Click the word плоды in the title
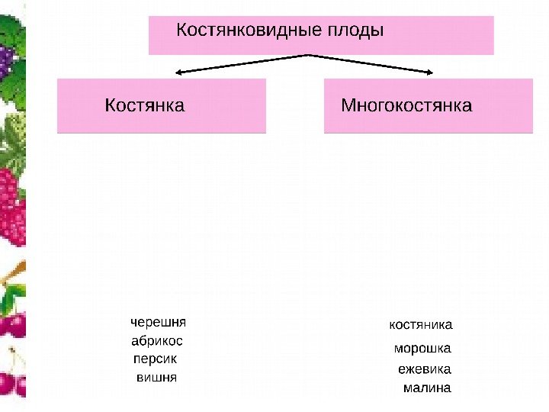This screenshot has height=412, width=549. [x=356, y=33]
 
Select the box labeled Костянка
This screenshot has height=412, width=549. [x=162, y=105]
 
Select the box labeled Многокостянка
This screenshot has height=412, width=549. [x=428, y=105]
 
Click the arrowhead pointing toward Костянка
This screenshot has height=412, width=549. [x=180, y=73]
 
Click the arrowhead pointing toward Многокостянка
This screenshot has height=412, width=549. [x=429, y=73]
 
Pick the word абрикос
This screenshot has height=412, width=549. [x=157, y=340]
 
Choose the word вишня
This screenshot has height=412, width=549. [x=156, y=377]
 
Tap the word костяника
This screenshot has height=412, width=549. [x=421, y=324]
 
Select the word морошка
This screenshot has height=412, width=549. [x=422, y=349]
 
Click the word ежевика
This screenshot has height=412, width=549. [x=425, y=369]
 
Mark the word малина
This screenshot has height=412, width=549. [x=426, y=388]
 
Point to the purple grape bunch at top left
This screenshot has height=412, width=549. [x=6, y=60]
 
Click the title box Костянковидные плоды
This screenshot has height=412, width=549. [x=321, y=36]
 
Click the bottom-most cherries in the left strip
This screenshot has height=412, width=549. [x=11, y=381]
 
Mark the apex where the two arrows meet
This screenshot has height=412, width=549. [x=307, y=55]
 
